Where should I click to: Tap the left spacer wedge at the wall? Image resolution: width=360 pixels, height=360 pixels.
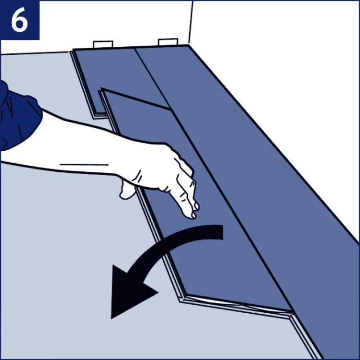click(x=103, y=44)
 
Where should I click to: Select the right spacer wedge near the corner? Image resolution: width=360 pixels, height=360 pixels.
click(x=168, y=42)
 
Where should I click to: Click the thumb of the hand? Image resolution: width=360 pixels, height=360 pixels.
click(x=127, y=189)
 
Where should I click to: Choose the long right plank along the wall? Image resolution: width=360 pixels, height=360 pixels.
click(x=262, y=164)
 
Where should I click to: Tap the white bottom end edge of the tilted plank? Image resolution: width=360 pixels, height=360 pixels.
click(x=239, y=303)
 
